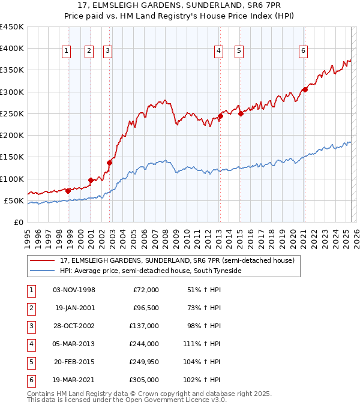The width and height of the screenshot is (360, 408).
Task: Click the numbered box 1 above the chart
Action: [x=65, y=51]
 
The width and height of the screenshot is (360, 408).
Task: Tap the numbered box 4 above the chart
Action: [x=218, y=51]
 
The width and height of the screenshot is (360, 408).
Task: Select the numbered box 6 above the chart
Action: [x=304, y=51]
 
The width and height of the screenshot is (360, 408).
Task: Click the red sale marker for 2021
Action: [x=305, y=89]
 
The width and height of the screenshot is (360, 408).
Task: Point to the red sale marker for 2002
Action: [x=110, y=162]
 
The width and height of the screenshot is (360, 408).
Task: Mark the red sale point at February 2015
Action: [x=241, y=113]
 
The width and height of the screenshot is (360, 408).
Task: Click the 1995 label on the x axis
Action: [x=28, y=234]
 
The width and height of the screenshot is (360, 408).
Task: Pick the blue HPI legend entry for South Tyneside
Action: [x=150, y=271]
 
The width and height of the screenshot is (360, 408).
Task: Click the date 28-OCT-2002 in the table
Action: [x=74, y=325]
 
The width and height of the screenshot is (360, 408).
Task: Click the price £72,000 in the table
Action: [x=146, y=289]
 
